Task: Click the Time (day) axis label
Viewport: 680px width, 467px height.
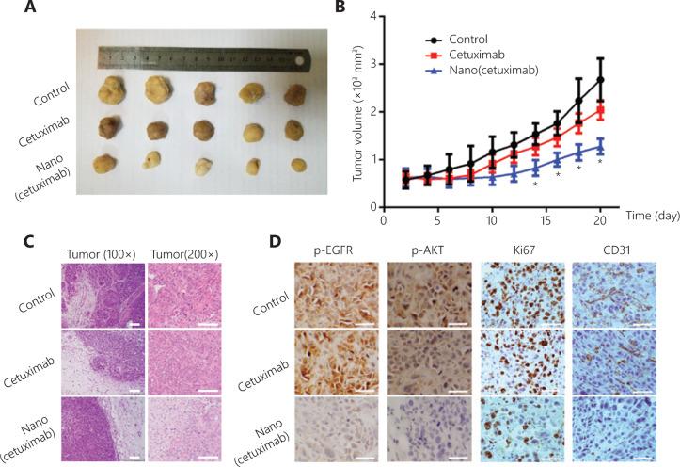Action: pyautogui.click(x=643, y=218)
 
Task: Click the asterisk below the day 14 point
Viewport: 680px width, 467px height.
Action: pyautogui.click(x=534, y=184)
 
